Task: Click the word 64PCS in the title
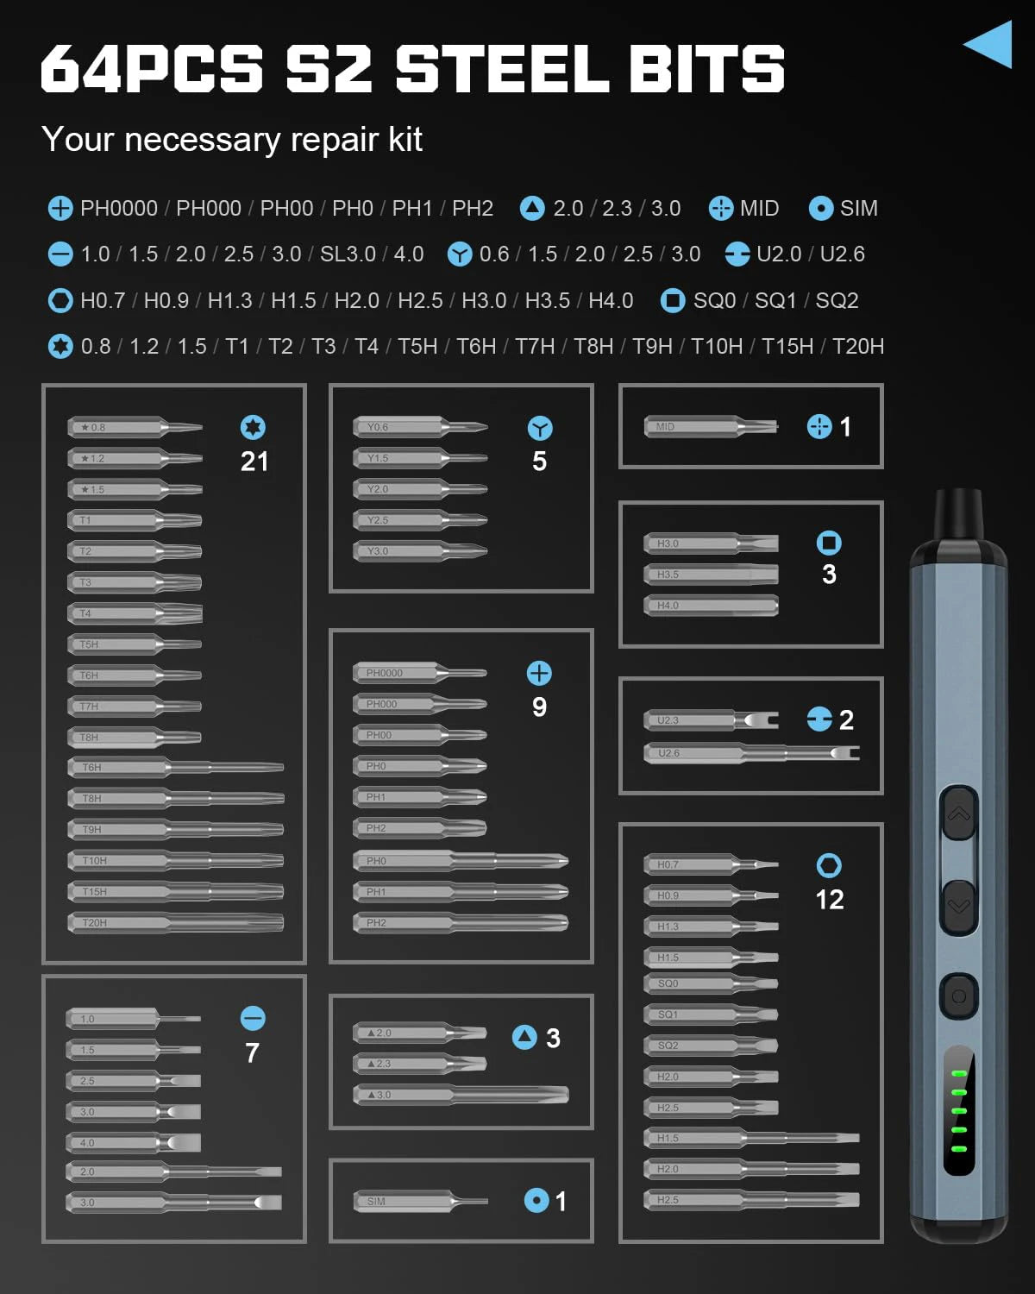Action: click(152, 69)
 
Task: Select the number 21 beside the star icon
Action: click(254, 462)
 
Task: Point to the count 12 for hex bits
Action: click(829, 900)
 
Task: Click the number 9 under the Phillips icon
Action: click(539, 707)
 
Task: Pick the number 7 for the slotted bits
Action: click(252, 1053)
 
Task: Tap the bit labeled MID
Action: click(711, 427)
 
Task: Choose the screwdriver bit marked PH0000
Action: click(420, 673)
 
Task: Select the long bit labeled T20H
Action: click(176, 923)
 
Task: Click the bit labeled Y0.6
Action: click(420, 427)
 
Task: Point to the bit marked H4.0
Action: click(711, 606)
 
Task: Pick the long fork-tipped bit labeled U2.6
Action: click(750, 753)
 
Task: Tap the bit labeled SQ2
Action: click(711, 1046)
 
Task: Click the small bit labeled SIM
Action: click(420, 1201)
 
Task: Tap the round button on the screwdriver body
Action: click(958, 996)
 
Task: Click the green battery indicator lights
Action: click(958, 1111)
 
